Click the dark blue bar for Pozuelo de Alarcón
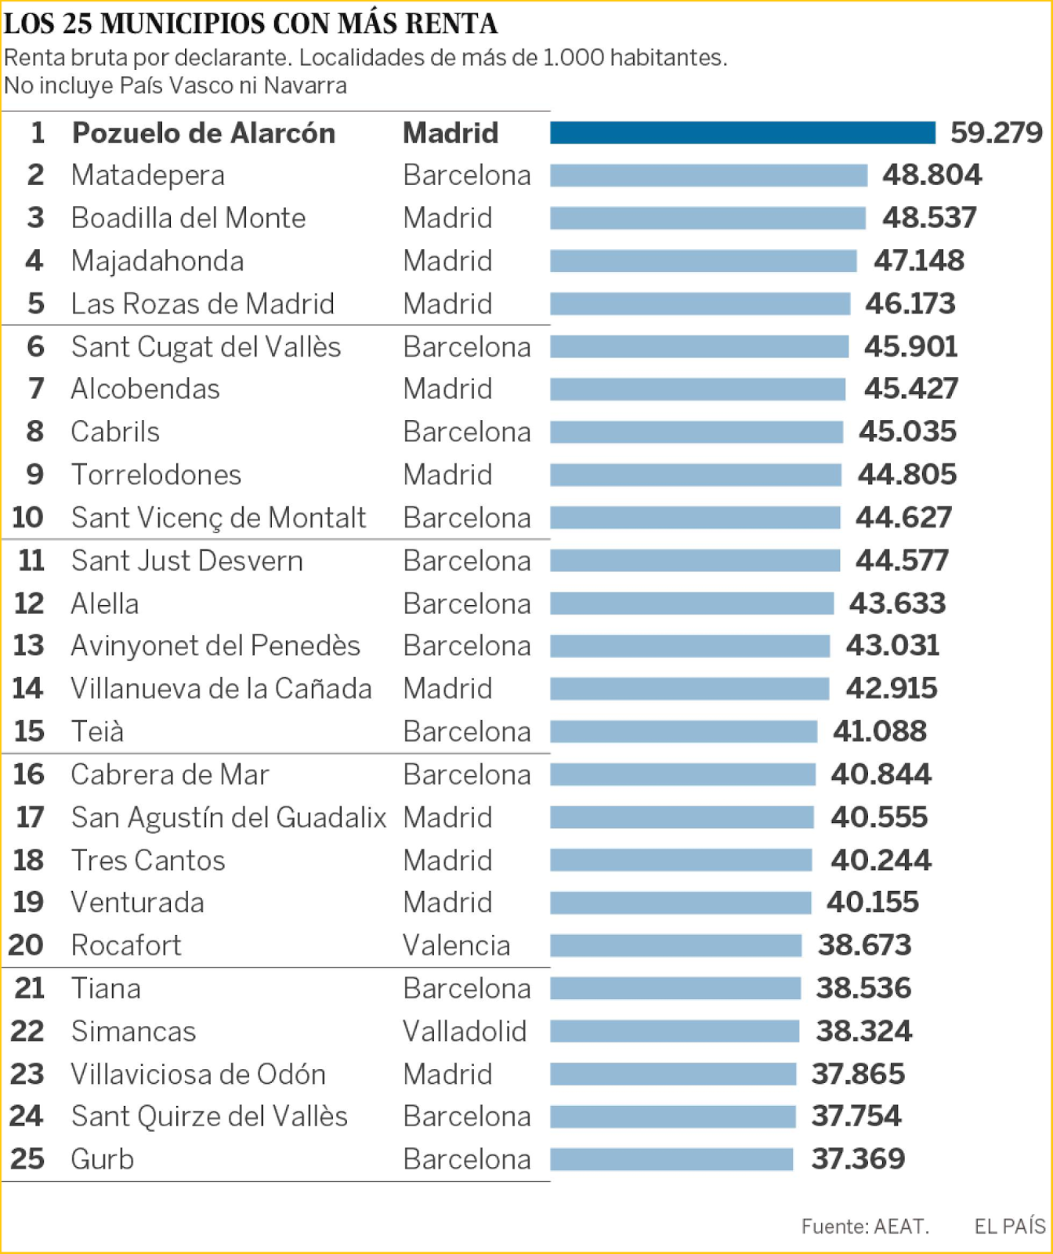coord(742,132)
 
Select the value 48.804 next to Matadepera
coord(931,175)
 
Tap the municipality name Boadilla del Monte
coord(188,218)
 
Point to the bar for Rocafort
coord(675,945)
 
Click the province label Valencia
coord(456,945)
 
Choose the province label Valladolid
coord(464,1031)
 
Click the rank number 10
coord(27,517)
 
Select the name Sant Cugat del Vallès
coord(206,346)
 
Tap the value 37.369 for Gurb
coord(857,1159)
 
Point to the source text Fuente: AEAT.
coord(864,1227)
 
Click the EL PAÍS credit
coord(1009,1227)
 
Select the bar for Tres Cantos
coord(681,861)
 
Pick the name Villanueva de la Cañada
coord(221,689)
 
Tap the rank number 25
coord(27,1159)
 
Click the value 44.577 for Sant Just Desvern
coord(902,560)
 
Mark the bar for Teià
coord(683,731)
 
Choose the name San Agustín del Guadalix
coord(228,817)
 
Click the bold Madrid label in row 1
coord(451,133)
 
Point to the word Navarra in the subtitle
coord(305,85)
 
